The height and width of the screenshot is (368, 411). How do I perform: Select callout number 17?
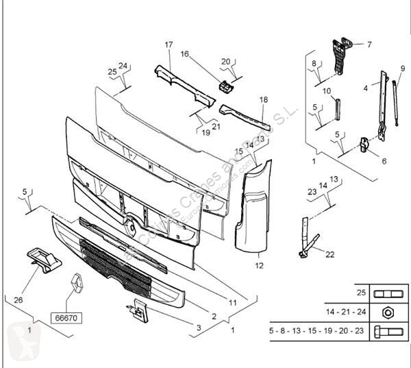169,45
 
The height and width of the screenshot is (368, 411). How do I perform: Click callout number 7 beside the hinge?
369,45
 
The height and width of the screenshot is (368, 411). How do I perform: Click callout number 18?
264,100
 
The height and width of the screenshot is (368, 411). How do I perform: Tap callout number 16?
184,53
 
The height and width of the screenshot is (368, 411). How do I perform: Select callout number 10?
327,91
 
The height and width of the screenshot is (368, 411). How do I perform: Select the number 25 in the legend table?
360,292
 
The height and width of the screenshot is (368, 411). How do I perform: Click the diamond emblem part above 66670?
75,284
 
